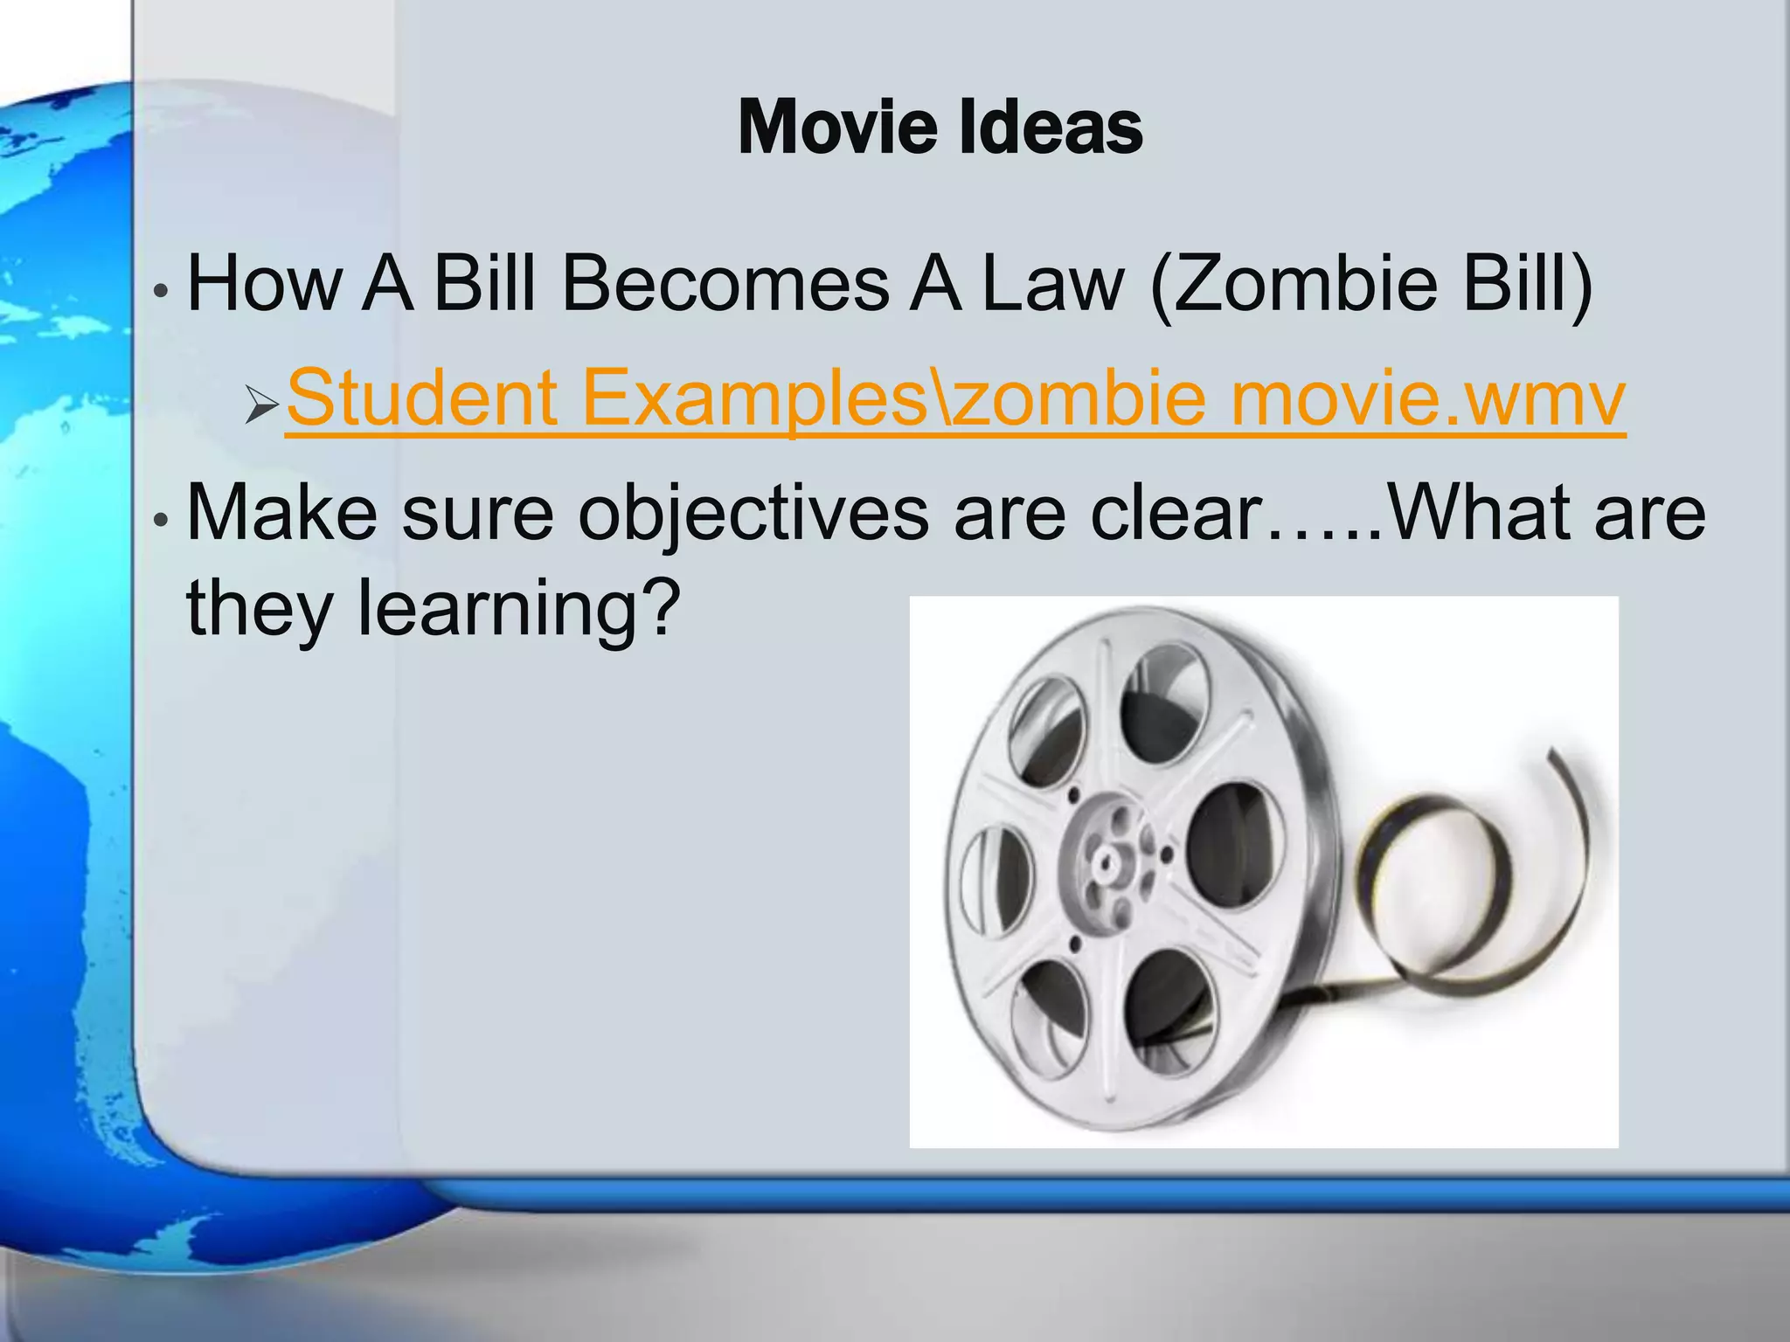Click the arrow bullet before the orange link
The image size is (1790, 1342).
261,405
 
